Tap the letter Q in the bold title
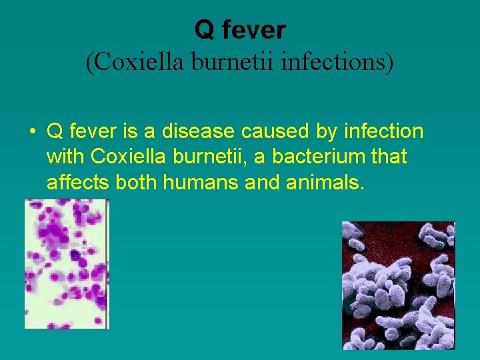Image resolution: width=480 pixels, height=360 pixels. click(203, 29)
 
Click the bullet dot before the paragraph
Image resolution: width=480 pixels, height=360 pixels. click(32, 131)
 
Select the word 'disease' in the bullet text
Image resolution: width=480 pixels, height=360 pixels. click(204, 131)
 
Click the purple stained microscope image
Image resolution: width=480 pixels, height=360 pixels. click(67, 264)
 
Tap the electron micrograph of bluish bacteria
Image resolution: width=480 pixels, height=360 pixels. click(398, 285)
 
